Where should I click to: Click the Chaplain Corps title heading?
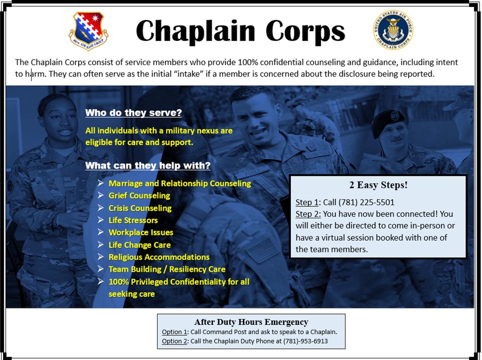coord(240,31)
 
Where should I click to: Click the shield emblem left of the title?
coord(89,31)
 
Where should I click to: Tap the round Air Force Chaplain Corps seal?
coord(393,30)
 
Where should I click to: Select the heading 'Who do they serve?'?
coord(133,113)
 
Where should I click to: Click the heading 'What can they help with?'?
coord(148,166)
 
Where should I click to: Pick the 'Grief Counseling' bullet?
coord(139,196)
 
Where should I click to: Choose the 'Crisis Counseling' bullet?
coord(140,208)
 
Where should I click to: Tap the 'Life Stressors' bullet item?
coord(133,220)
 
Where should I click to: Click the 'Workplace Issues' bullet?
coord(141,233)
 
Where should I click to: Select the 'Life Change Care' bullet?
coord(139,245)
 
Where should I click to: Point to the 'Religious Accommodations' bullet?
coord(159,257)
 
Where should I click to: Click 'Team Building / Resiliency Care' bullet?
coord(167,269)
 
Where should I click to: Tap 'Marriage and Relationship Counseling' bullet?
coord(180,184)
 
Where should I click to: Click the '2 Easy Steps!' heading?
coord(378,185)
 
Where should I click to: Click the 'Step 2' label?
coord(307,214)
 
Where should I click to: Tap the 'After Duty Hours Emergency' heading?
coord(251,322)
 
